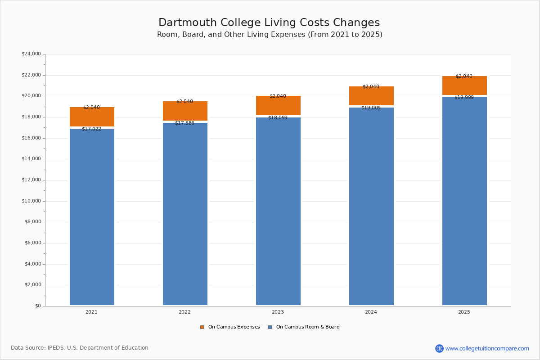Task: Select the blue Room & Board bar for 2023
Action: (x=278, y=211)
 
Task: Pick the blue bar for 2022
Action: (x=185, y=214)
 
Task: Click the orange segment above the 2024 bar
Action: (x=371, y=96)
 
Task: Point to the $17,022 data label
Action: (x=91, y=129)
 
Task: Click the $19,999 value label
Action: (x=464, y=98)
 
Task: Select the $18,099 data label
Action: (x=278, y=118)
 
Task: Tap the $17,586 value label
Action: (x=184, y=123)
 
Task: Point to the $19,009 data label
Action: (x=371, y=108)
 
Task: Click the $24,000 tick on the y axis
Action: (x=31, y=54)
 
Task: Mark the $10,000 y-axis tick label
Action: (x=31, y=201)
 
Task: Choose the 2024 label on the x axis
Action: (x=371, y=312)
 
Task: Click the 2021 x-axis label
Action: (x=91, y=312)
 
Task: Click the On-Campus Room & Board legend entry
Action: (x=307, y=327)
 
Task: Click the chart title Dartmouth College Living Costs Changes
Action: (x=269, y=23)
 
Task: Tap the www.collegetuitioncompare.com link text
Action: (x=487, y=348)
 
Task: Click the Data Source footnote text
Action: (x=80, y=348)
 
